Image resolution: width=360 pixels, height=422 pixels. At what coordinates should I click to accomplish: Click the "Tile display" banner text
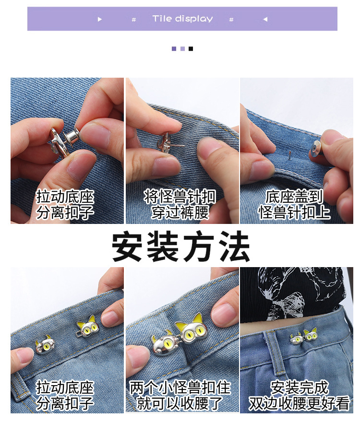182,19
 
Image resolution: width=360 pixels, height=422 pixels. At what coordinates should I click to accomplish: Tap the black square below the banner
191,48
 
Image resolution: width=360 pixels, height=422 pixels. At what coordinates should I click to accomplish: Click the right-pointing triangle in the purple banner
100,19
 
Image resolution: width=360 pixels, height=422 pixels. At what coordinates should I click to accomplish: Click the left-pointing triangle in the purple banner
265,19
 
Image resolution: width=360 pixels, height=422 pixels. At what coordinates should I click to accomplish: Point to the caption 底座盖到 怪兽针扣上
295,205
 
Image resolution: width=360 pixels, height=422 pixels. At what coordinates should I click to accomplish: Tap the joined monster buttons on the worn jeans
303,337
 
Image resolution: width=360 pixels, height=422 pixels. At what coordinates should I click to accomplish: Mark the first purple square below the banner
174,48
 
